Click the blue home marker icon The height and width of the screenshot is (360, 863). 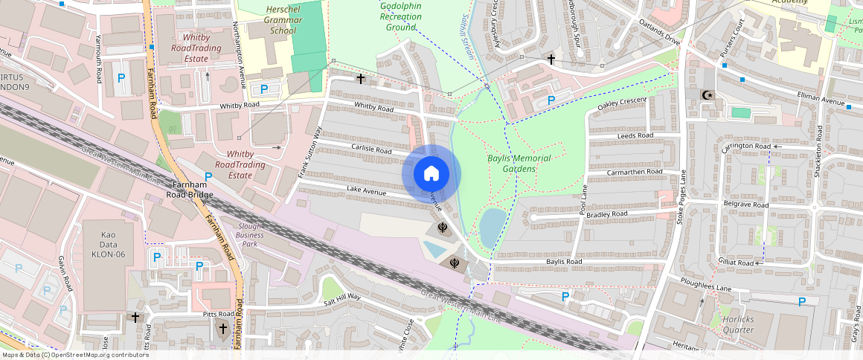pyautogui.click(x=431, y=174)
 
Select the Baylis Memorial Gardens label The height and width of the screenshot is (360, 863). pyautogui.click(x=519, y=164)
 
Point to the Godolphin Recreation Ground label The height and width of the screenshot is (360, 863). pyautogui.click(x=400, y=16)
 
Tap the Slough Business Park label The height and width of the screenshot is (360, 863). pyautogui.click(x=250, y=234)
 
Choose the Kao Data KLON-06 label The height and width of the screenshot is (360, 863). pyautogui.click(x=109, y=244)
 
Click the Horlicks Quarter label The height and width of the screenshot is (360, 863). pyautogui.click(x=738, y=324)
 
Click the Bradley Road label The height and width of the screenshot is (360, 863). pyautogui.click(x=608, y=214)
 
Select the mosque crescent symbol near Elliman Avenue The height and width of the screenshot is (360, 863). pyautogui.click(x=708, y=95)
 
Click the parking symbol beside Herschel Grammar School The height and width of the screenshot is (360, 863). pyautogui.click(x=263, y=89)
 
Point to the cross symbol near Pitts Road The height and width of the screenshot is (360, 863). pyautogui.click(x=135, y=317)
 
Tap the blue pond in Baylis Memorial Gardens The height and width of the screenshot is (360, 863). pyautogui.click(x=491, y=227)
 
